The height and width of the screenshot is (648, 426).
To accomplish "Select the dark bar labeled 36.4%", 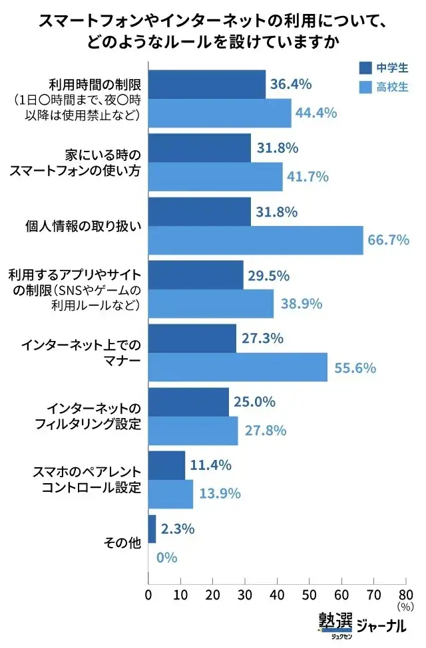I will point(206,84).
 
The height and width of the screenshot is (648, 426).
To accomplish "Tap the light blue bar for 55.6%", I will point(238,367).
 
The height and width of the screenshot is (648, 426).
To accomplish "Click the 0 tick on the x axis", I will point(148,594).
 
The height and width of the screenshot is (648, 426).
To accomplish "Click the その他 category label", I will point(122,543).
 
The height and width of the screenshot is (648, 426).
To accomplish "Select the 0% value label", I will point(166,557).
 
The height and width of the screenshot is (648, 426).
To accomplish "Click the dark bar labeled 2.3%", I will point(152,529).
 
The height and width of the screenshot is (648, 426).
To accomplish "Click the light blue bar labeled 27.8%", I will point(192,431).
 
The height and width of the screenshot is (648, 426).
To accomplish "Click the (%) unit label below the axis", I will point(405,606).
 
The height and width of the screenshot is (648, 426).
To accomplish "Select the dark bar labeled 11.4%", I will point(166,465).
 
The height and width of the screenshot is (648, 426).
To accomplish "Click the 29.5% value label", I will point(268,275).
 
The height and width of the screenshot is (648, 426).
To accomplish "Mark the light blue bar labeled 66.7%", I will point(256,240).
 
